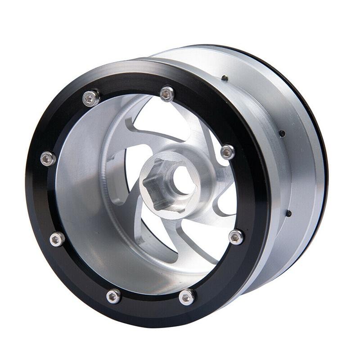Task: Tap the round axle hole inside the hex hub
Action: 180,180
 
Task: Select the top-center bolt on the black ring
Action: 167,94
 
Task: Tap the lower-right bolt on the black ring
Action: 235,237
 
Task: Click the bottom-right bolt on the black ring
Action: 186,297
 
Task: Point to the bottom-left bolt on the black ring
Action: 113,296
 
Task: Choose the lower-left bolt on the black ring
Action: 57,239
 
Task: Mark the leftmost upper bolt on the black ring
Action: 48,158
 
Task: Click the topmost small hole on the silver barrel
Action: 224,78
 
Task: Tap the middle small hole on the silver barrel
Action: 282,133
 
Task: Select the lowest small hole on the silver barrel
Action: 288,213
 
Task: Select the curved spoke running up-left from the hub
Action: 135,148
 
